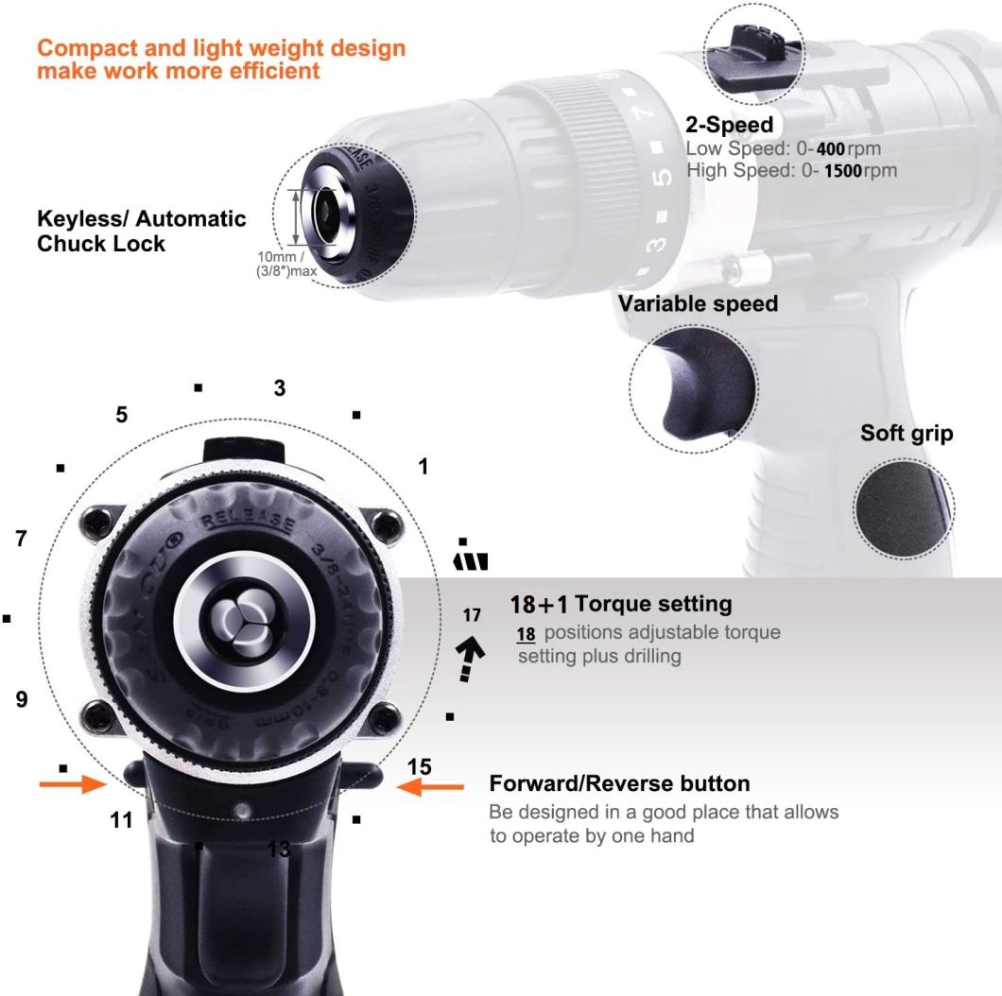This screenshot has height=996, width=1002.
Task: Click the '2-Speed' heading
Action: point(729,125)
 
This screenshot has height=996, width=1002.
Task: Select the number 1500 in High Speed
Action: point(848,171)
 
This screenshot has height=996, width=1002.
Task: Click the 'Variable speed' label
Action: point(698,303)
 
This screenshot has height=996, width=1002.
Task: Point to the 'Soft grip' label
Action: point(907,434)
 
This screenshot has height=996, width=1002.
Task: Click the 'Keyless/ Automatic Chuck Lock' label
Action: point(141,232)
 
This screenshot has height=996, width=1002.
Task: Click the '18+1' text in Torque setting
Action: point(539,604)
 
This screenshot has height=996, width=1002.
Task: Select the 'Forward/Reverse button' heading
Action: point(619,783)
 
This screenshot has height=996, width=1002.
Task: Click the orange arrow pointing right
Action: point(72,783)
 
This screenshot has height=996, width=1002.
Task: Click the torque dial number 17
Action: point(472,615)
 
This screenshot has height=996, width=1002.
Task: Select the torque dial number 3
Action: point(280,388)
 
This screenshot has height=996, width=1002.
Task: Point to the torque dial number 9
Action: point(22,699)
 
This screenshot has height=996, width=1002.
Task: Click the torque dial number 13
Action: point(279,849)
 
